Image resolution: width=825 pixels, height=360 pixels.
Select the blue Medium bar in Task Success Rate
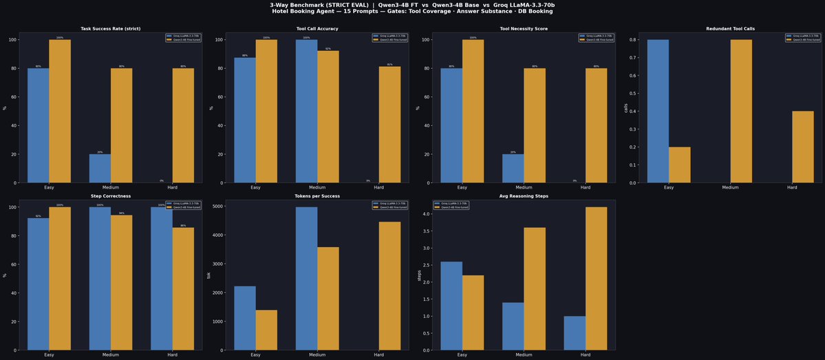click(100, 169)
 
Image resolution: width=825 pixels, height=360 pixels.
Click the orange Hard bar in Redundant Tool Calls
click(802, 147)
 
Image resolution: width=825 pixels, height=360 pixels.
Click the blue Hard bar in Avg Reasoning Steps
click(575, 333)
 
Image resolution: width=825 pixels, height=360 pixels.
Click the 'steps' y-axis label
click(418, 275)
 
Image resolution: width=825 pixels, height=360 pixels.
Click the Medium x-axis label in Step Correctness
click(111, 355)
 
